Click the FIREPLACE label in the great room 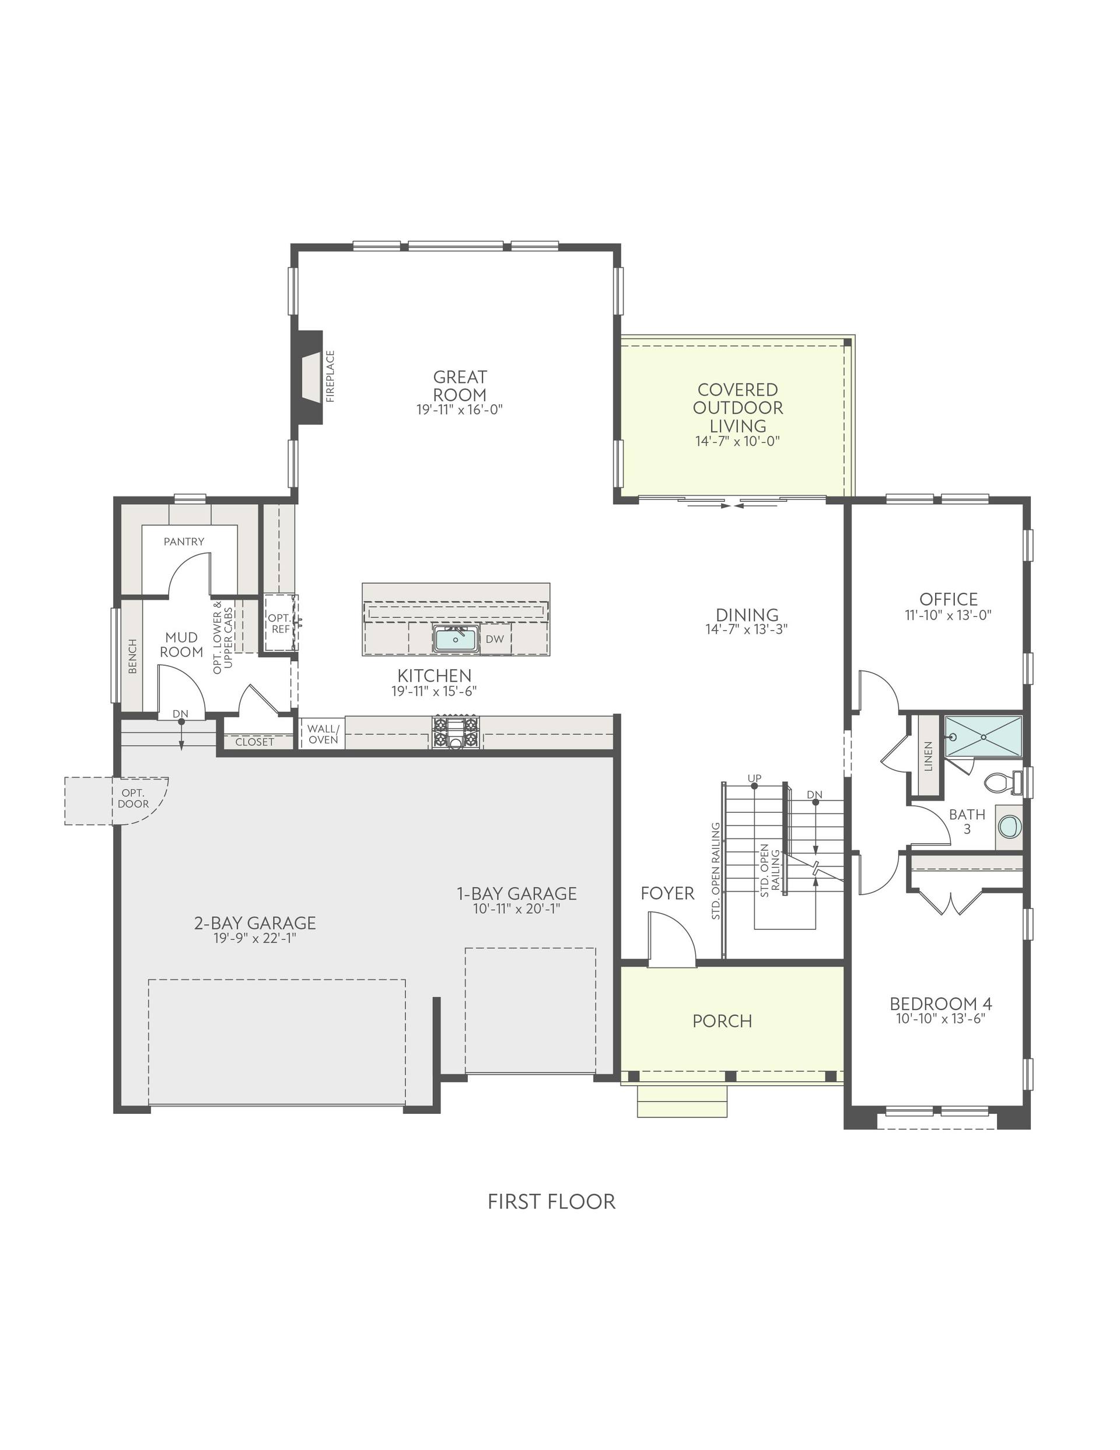330,376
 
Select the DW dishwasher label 495,639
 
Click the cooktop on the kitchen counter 456,733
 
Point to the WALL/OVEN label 323,733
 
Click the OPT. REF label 280,623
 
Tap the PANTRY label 184,541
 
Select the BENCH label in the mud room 132,656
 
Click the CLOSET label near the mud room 254,742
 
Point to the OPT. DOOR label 134,798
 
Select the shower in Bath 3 982,736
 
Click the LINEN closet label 928,756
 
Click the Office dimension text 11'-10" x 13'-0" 948,615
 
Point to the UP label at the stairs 754,777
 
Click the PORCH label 722,1021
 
